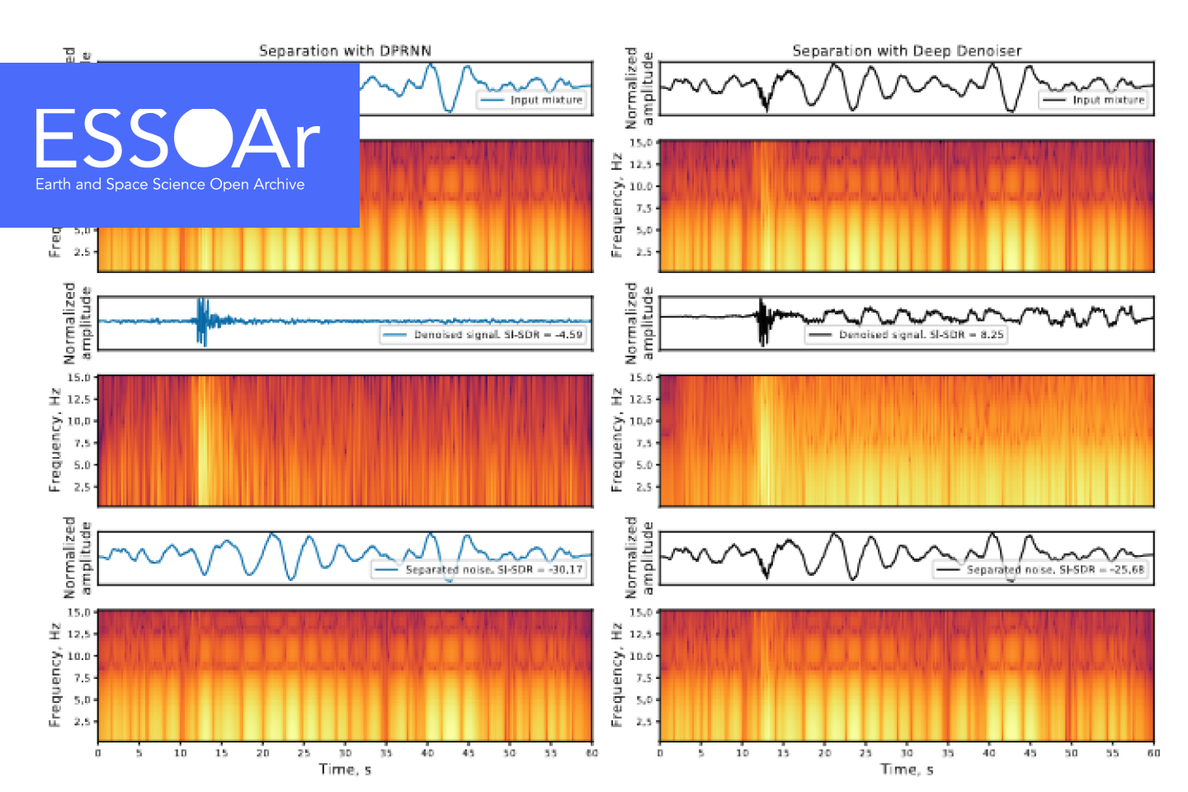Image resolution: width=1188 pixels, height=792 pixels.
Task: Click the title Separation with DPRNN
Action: coord(345,51)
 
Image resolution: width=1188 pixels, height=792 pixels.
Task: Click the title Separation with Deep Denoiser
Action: coord(907,51)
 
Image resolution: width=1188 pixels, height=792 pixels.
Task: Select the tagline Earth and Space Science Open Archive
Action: coord(170,184)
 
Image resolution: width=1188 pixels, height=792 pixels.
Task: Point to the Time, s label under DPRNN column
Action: coord(345,770)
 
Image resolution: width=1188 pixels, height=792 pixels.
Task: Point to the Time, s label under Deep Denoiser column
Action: coord(907,770)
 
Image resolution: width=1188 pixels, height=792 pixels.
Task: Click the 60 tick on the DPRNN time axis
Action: coord(592,752)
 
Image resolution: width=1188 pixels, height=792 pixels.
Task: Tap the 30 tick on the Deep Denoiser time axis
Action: coord(907,752)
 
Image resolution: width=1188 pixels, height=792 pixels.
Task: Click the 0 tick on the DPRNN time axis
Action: coord(98,752)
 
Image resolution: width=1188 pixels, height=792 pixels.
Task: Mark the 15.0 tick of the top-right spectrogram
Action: coord(642,143)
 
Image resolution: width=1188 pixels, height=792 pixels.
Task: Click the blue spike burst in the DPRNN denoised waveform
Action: coord(202,321)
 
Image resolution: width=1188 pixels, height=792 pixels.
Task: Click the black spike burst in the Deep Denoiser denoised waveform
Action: coord(763,322)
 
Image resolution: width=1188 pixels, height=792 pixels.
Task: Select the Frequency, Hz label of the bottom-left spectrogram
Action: coord(55,675)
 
